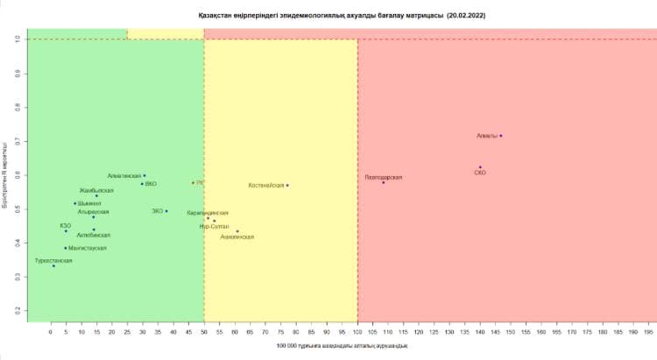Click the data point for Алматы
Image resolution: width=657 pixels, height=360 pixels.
pos(500,136)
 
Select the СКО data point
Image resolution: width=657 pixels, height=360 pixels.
pos(480,167)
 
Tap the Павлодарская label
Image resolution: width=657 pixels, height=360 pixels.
pos(384,177)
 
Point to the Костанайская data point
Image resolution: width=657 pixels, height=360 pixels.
pos(287,185)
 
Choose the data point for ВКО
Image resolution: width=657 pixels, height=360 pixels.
pos(142,184)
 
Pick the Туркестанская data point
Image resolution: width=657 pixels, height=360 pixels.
pos(53,265)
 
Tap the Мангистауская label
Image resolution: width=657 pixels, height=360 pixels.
pos(88,248)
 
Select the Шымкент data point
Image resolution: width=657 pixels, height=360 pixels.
pos(75,203)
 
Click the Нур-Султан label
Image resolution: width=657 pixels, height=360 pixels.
pos(215,226)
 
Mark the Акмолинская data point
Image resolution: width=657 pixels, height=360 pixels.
pos(237,231)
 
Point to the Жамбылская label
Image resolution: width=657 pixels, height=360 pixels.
pos(96,190)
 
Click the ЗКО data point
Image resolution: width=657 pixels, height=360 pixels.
pos(166,211)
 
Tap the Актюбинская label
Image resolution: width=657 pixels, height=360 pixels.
pos(94,236)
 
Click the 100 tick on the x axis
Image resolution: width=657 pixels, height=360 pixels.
pos(357,334)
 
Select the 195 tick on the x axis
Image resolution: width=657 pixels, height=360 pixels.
pos(649,334)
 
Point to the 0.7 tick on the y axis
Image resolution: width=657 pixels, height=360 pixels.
pos(17,140)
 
